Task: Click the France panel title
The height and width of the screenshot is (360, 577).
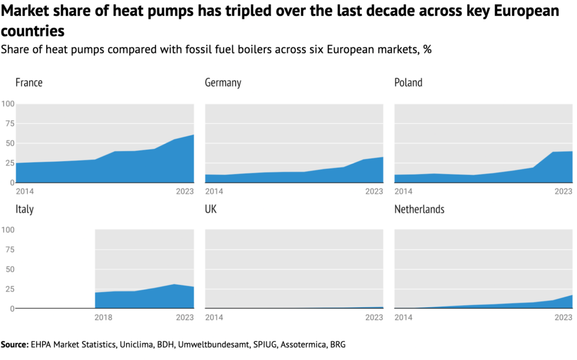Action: (x=29, y=83)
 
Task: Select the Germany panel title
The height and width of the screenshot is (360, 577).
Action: (x=223, y=83)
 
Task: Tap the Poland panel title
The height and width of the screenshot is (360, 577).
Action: (x=408, y=83)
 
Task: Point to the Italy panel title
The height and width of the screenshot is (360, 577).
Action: (x=24, y=210)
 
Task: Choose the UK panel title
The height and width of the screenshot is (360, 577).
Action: (x=211, y=210)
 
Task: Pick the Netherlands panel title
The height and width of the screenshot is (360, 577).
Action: (x=419, y=210)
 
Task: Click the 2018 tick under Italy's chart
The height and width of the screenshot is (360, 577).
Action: (x=104, y=318)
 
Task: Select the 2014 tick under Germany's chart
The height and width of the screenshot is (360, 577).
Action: (x=214, y=192)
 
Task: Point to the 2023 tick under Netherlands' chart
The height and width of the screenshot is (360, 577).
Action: (x=563, y=318)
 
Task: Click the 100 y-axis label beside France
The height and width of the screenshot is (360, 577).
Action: (x=8, y=104)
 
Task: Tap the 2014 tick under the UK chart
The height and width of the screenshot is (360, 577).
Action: (x=214, y=318)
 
